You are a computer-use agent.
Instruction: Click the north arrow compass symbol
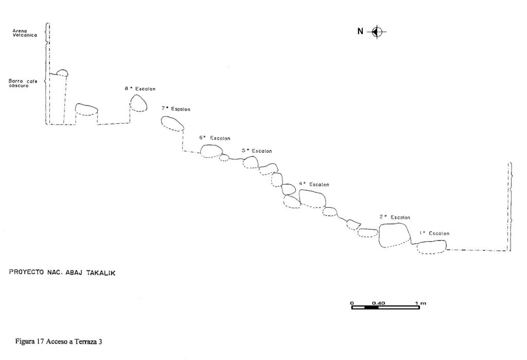377,32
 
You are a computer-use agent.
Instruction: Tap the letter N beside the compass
360,31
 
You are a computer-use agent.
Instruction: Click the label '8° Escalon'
140,89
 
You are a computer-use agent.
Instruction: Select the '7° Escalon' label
176,109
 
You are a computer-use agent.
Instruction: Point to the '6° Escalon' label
215,138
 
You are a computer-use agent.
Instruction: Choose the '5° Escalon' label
257,151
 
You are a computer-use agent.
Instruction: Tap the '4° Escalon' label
314,184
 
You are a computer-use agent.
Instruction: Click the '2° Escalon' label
395,217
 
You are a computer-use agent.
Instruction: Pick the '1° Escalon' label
434,233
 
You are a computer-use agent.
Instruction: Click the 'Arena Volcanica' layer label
25,33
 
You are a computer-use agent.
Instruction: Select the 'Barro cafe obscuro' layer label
23,83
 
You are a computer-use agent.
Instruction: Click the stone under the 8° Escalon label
138,103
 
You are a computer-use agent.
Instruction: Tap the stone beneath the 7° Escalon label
172,123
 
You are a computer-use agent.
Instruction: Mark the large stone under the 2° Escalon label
395,235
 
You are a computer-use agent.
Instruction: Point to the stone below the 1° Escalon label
432,247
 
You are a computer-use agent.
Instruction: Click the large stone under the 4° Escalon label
312,199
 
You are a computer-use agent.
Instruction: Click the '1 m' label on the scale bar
420,303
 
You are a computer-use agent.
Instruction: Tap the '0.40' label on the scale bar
378,303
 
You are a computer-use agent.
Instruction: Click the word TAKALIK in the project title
101,273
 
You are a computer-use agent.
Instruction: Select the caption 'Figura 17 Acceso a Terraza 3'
59,341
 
